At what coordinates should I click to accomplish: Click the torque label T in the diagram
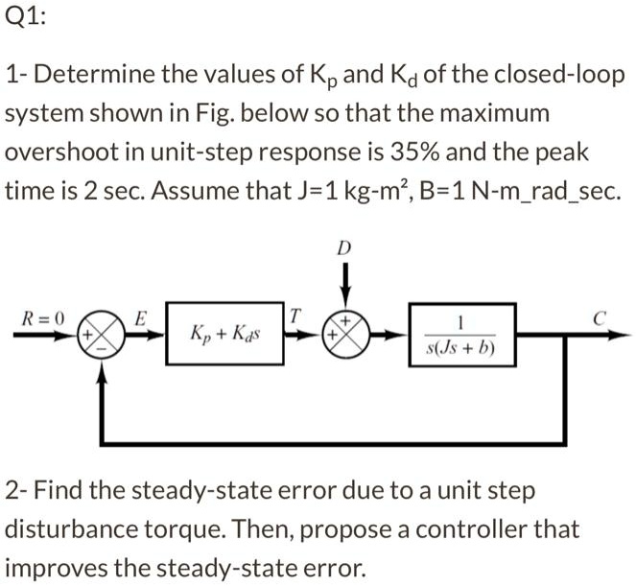click(295, 314)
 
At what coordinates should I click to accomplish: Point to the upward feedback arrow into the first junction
click(104, 393)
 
